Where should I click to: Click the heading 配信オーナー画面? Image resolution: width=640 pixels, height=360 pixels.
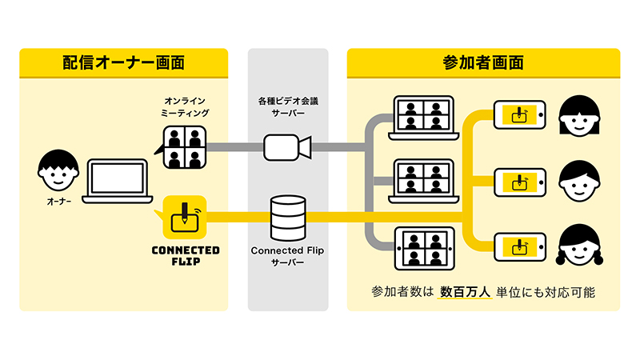pyautogui.click(x=123, y=62)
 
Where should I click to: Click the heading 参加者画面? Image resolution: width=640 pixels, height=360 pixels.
pyautogui.click(x=483, y=62)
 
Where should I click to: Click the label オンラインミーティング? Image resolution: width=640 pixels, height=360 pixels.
pyautogui.click(x=186, y=107)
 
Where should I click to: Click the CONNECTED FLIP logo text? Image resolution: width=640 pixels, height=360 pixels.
pyautogui.click(x=185, y=255)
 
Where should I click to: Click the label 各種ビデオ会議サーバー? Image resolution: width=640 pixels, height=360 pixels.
pyautogui.click(x=287, y=108)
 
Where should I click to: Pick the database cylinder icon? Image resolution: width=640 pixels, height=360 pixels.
pyautogui.click(x=287, y=217)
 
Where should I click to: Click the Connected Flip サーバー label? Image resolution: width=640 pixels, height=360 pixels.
pyautogui.click(x=287, y=256)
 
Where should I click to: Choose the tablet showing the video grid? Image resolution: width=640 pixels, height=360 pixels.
pyautogui.click(x=425, y=249)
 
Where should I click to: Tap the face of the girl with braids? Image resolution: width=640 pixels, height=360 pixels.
pyautogui.click(x=578, y=245)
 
